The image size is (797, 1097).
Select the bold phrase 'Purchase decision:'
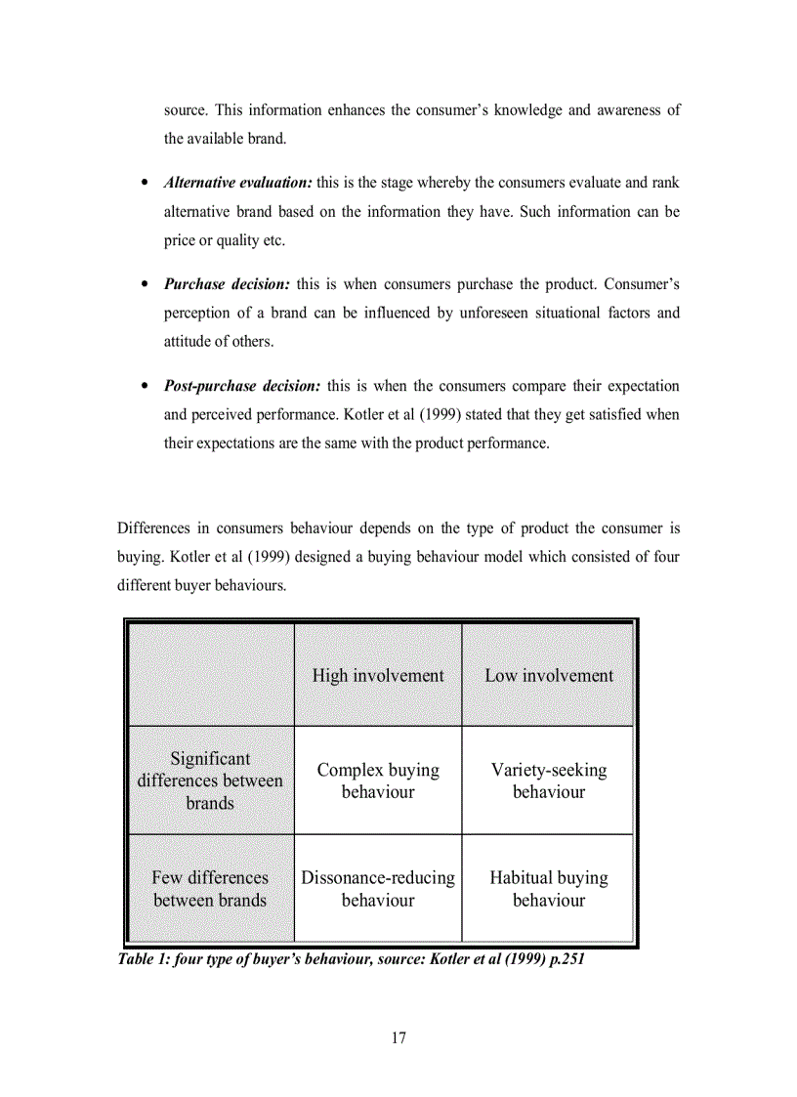point(227,284)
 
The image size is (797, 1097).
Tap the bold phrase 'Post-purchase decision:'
point(242,386)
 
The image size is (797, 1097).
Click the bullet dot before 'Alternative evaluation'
point(145,184)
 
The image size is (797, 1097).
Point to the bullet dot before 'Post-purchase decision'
point(145,387)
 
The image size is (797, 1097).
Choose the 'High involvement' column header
point(378,676)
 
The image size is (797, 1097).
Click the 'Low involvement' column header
point(549,676)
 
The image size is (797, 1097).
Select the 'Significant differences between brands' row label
point(210,781)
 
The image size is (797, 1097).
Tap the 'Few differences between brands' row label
point(210,889)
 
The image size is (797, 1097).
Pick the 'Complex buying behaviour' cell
point(378,781)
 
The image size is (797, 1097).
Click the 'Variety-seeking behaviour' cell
point(549,781)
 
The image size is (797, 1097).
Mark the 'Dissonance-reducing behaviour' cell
point(378,889)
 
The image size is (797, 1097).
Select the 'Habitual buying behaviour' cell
point(549,889)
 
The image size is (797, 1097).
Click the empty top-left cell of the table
point(210,675)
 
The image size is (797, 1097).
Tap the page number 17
point(398,1037)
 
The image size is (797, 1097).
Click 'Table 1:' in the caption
point(143,959)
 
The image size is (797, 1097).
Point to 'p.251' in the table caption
point(564,959)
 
